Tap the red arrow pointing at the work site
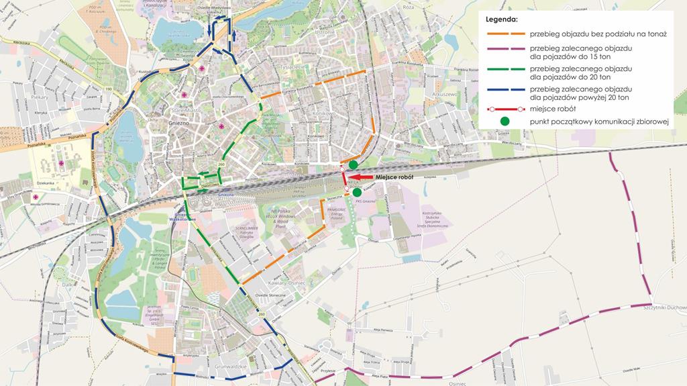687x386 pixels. click(x=360, y=177)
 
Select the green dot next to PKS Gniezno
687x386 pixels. click(x=356, y=192)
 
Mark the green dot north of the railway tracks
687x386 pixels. click(x=353, y=164)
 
